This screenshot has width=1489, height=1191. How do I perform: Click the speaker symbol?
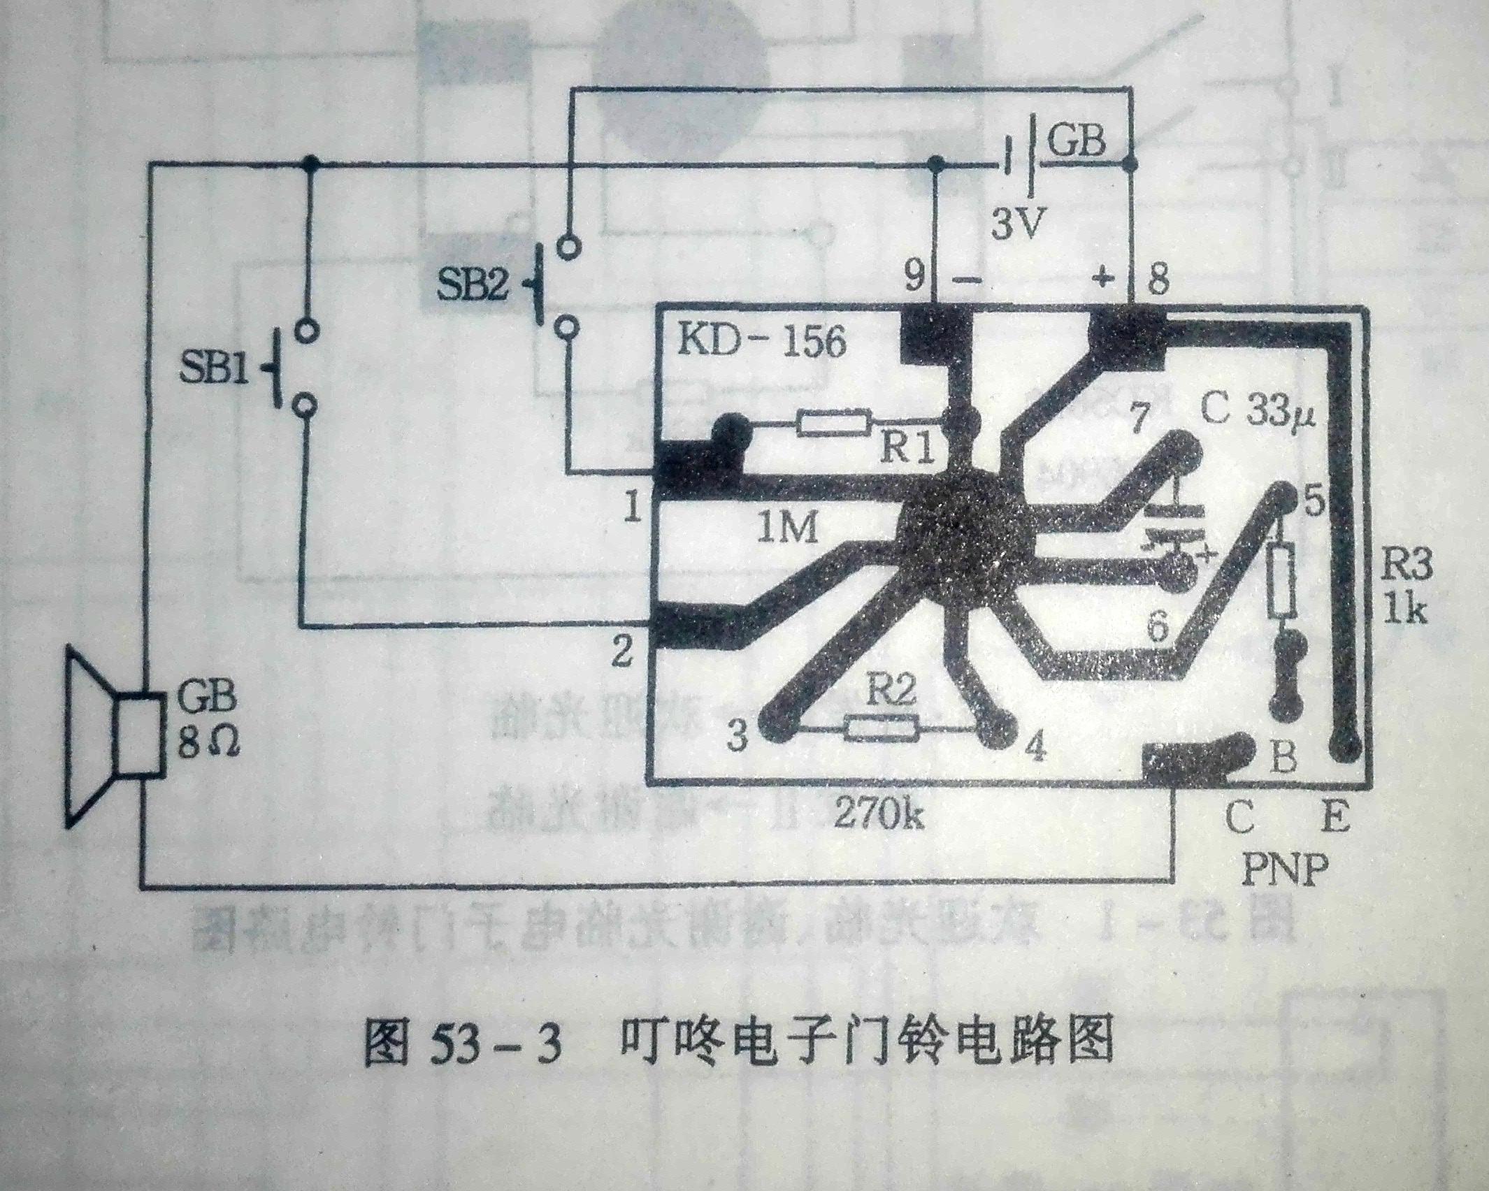112,737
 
